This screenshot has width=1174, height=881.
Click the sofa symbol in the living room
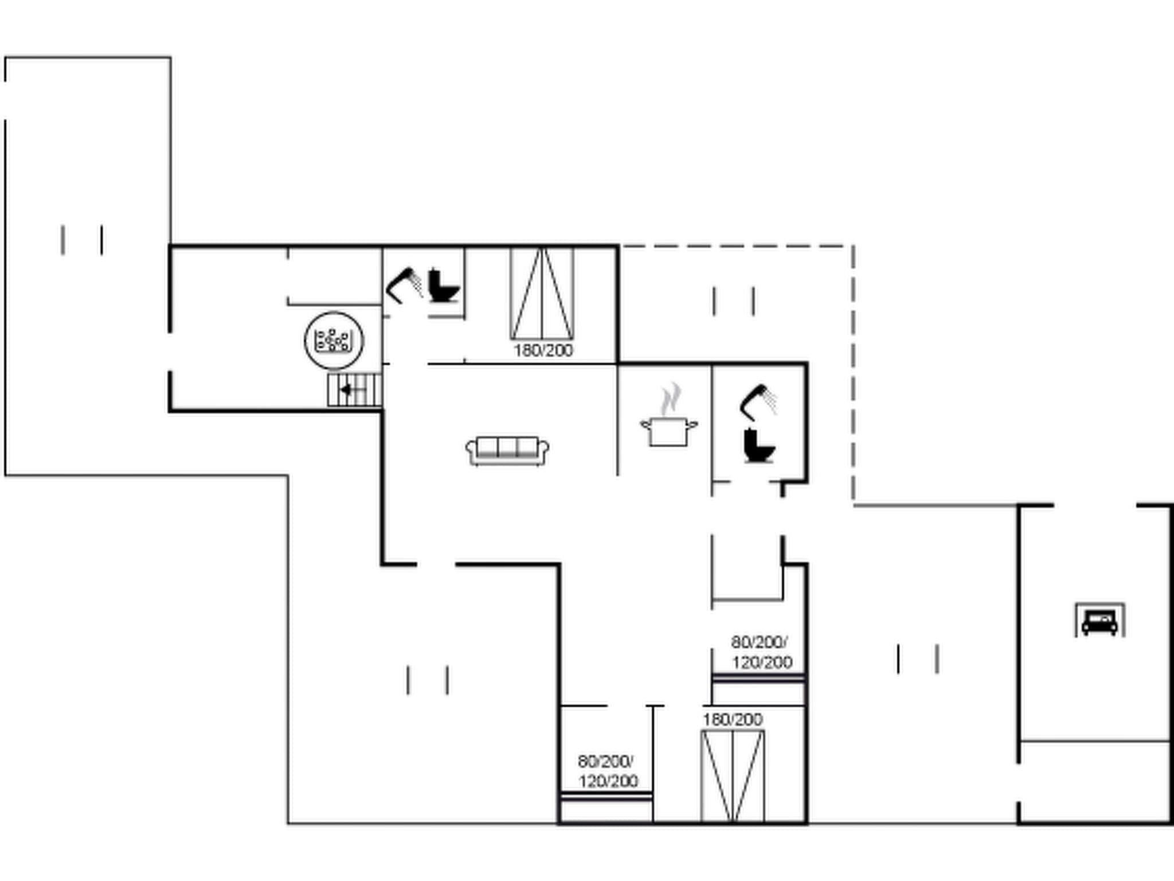[507, 451]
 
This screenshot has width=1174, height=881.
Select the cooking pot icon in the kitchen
[668, 431]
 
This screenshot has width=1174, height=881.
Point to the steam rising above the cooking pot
[670, 398]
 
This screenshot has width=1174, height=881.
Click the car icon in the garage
[1099, 621]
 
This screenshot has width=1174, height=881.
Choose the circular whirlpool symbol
[334, 340]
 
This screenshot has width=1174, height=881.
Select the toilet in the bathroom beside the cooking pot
[758, 445]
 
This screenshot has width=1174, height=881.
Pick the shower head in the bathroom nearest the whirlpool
[404, 284]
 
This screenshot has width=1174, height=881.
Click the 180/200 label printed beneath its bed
[543, 350]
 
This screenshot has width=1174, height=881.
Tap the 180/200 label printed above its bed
[733, 719]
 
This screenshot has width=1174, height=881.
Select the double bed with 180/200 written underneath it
[542, 294]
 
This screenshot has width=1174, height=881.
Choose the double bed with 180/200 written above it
[733, 775]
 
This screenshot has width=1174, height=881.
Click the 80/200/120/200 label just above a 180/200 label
[761, 652]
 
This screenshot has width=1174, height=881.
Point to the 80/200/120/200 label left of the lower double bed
[607, 771]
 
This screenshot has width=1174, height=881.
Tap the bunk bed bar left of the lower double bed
[606, 796]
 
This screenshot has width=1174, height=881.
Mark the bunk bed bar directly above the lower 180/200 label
[758, 679]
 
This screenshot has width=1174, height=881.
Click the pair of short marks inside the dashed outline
[734, 301]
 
